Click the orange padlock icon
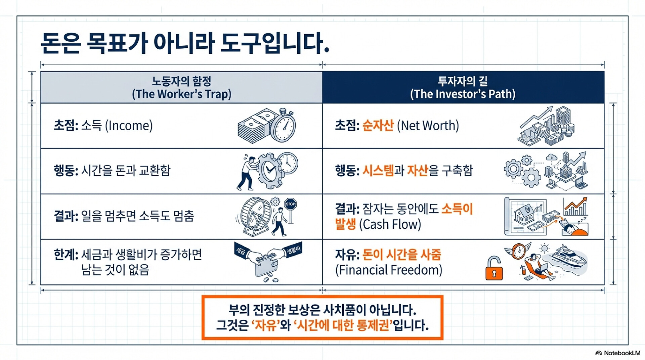494,269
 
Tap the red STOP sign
290,204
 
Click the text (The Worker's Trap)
181,94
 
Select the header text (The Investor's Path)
463,94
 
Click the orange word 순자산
378,125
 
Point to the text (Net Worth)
428,126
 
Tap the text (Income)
129,126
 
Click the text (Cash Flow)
390,224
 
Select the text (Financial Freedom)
389,270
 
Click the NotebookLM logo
617,353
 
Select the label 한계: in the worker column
66,255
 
